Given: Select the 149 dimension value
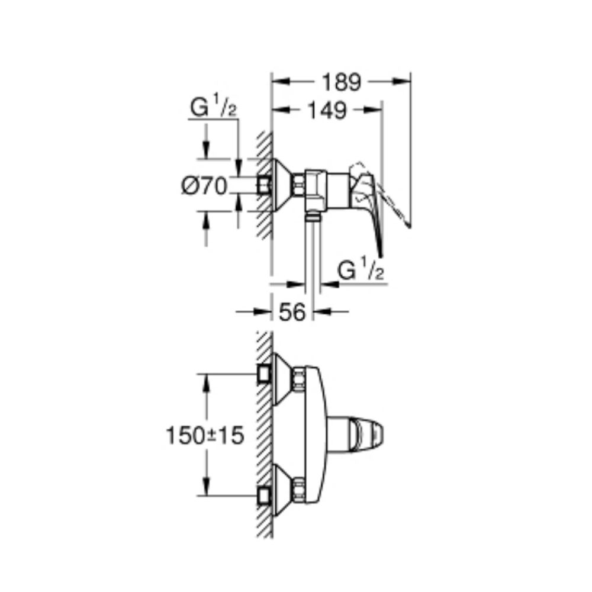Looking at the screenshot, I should [327, 110].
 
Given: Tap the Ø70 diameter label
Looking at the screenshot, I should [204, 187].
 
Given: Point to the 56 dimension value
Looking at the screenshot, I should [292, 311].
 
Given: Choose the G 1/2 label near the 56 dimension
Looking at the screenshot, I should [362, 271].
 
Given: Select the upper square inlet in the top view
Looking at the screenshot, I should [264, 374].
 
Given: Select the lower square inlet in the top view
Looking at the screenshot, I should [264, 495].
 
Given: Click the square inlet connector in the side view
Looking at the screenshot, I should [265, 187].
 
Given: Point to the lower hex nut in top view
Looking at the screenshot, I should [300, 487].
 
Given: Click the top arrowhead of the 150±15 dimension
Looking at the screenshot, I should [207, 382].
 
